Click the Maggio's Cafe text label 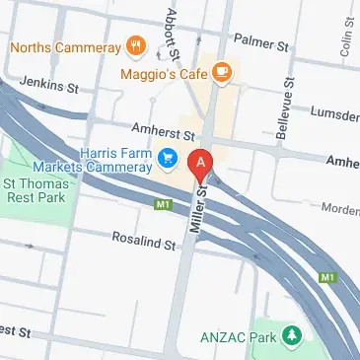[162, 71]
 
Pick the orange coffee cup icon [222, 70]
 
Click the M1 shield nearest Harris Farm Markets [164, 205]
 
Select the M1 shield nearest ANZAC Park [327, 279]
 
